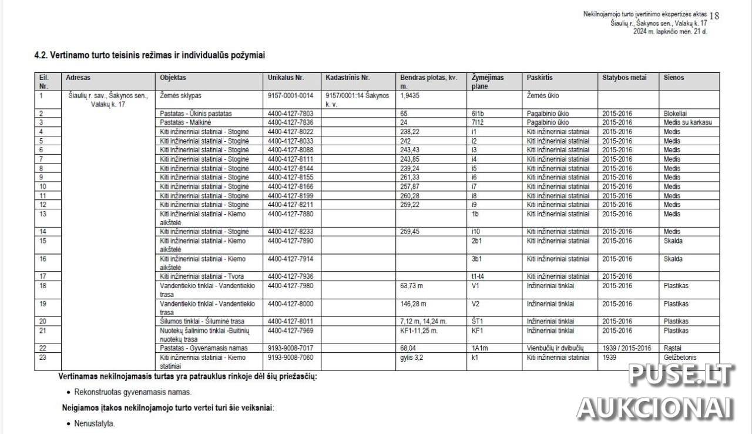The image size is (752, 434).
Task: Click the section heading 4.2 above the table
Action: pyautogui.click(x=150, y=56)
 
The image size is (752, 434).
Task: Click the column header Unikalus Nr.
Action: pyautogui.click(x=286, y=78)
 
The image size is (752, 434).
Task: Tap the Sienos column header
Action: pyautogui.click(x=674, y=78)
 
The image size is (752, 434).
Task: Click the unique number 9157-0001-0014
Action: pyautogui.click(x=290, y=95)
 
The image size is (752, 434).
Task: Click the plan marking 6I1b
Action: pyautogui.click(x=480, y=113)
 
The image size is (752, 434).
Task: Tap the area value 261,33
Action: pyautogui.click(x=411, y=177)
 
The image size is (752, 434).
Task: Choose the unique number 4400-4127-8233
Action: pyautogui.click(x=290, y=232)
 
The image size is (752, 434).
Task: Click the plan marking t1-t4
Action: pyautogui.click(x=478, y=276)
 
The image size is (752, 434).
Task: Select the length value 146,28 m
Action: pyautogui.click(x=413, y=304)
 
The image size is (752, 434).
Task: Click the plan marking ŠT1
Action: pyautogui.click(x=478, y=322)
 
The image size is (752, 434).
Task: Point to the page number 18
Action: pyautogui.click(x=714, y=16)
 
